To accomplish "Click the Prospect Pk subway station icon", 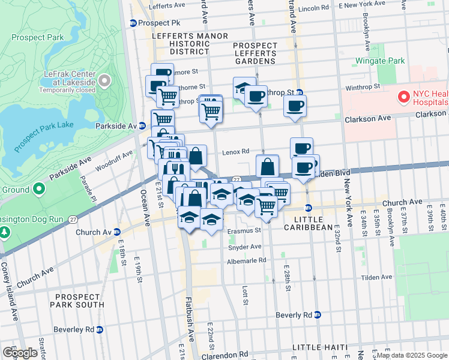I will point(133,23).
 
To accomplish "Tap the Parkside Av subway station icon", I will point(142,126).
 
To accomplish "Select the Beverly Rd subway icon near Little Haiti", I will point(318,315).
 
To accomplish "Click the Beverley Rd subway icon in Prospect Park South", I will point(100,329).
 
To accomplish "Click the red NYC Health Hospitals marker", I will point(403,96).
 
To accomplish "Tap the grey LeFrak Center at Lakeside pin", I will point(106,80).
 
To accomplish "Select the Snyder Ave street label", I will point(244,247).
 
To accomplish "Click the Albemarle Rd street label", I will point(246,261).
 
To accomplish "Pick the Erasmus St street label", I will point(244,230).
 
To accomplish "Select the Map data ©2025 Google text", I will point(411,355).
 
